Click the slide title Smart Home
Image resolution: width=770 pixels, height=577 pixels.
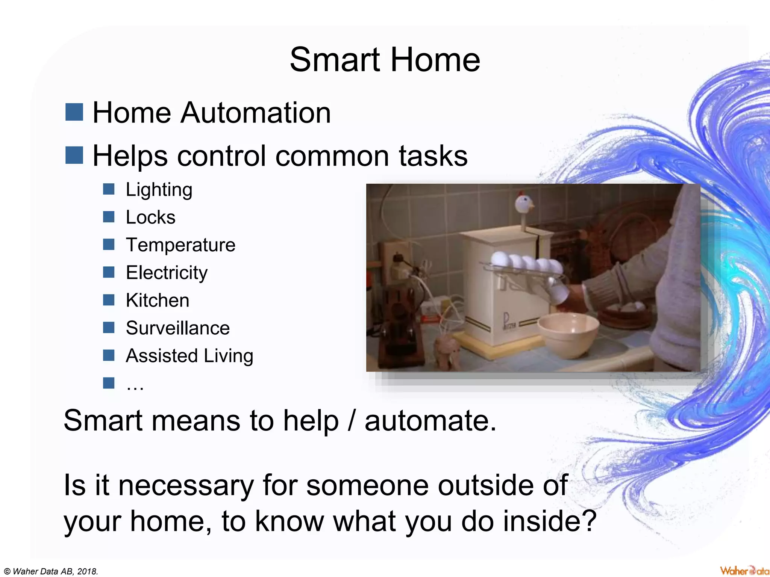[385, 60]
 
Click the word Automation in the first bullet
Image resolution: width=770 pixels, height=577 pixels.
[256, 113]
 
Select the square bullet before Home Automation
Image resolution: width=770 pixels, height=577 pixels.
[74, 112]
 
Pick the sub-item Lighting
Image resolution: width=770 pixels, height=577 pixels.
[159, 190]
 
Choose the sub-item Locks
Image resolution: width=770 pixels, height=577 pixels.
[150, 217]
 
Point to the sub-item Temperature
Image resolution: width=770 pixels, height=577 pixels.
[180, 245]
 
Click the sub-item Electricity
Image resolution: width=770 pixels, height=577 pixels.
[167, 273]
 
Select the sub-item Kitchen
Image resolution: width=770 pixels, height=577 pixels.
[158, 301]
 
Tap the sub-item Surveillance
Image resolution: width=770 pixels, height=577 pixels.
[177, 328]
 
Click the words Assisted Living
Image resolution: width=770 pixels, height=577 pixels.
[189, 356]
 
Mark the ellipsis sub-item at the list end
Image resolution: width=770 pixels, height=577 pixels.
[135, 385]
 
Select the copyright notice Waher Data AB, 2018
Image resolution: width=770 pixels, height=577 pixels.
[51, 571]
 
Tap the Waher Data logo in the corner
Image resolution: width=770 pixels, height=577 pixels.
[744, 571]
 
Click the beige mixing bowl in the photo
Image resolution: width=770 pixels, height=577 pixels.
[568, 334]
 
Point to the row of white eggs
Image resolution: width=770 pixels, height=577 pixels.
[526, 262]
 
